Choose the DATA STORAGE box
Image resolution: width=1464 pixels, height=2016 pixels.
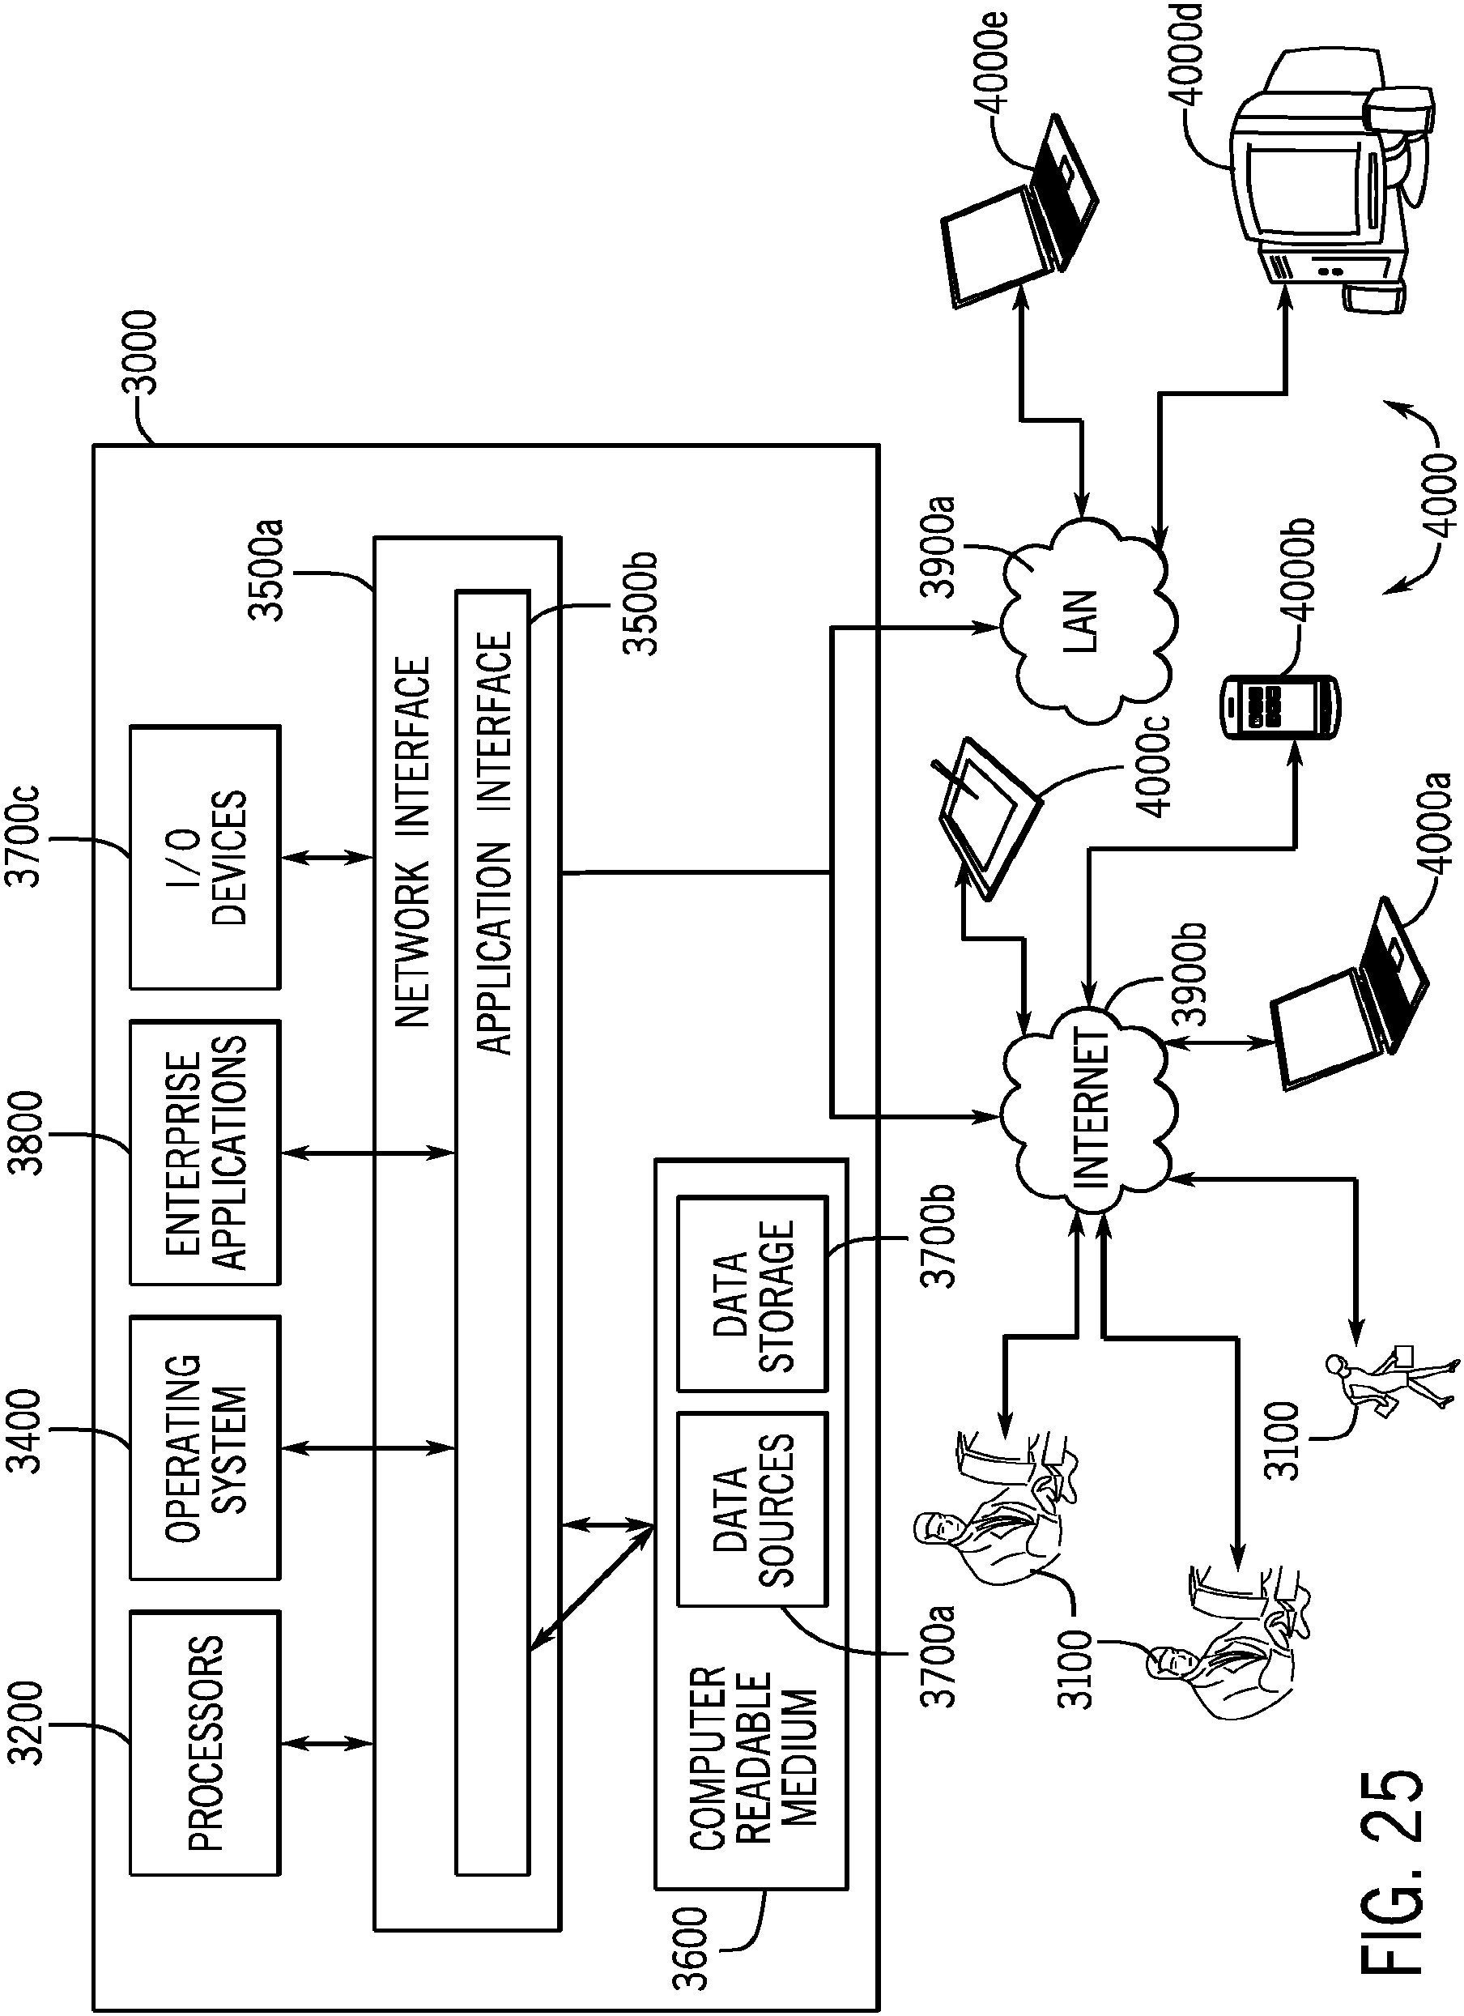752,1294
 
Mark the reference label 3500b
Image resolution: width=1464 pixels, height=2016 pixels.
640,604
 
